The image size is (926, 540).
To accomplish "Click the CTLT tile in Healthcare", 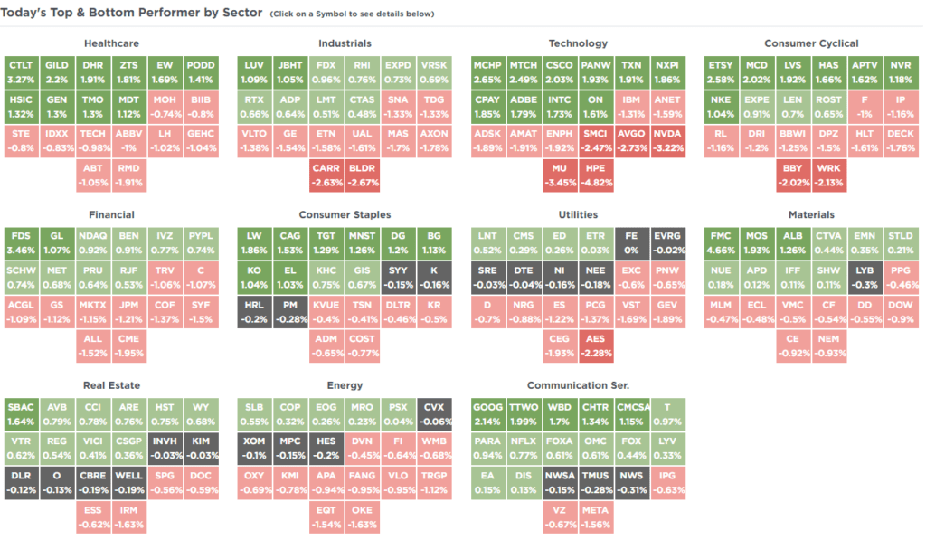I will point(21,71).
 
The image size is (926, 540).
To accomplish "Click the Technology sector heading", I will point(578,43).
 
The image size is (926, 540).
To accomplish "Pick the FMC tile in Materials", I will point(721,242).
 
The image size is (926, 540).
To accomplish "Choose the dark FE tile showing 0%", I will point(631,242).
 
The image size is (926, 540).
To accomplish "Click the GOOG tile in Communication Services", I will point(488,413).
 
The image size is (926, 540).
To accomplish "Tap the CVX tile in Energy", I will point(434,413).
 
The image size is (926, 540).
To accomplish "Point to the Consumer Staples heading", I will point(345,214).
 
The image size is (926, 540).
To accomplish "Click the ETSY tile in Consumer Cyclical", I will point(721,71).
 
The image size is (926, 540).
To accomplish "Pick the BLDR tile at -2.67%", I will point(362,175).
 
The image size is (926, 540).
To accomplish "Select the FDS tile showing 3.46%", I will point(21,242).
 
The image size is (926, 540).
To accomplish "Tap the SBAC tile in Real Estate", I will point(21,413).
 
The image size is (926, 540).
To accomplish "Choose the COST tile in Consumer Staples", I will point(362,346).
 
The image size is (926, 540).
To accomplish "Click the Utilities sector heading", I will point(578,214).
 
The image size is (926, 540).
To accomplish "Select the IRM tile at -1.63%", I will point(128,516).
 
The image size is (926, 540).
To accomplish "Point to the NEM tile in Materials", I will point(827,346).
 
